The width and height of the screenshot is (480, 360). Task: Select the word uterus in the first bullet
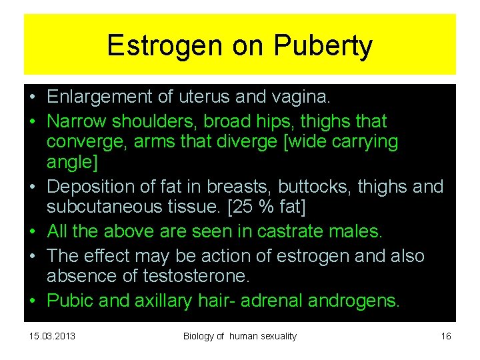tap(201, 97)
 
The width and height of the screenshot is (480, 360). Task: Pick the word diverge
tap(231, 142)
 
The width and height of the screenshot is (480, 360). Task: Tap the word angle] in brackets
tap(69, 161)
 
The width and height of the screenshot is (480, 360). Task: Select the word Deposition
tap(93, 186)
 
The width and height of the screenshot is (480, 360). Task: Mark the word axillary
tap(164, 301)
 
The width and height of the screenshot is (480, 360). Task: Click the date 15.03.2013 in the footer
tap(52, 336)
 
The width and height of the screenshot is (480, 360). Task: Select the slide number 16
tap(446, 336)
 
